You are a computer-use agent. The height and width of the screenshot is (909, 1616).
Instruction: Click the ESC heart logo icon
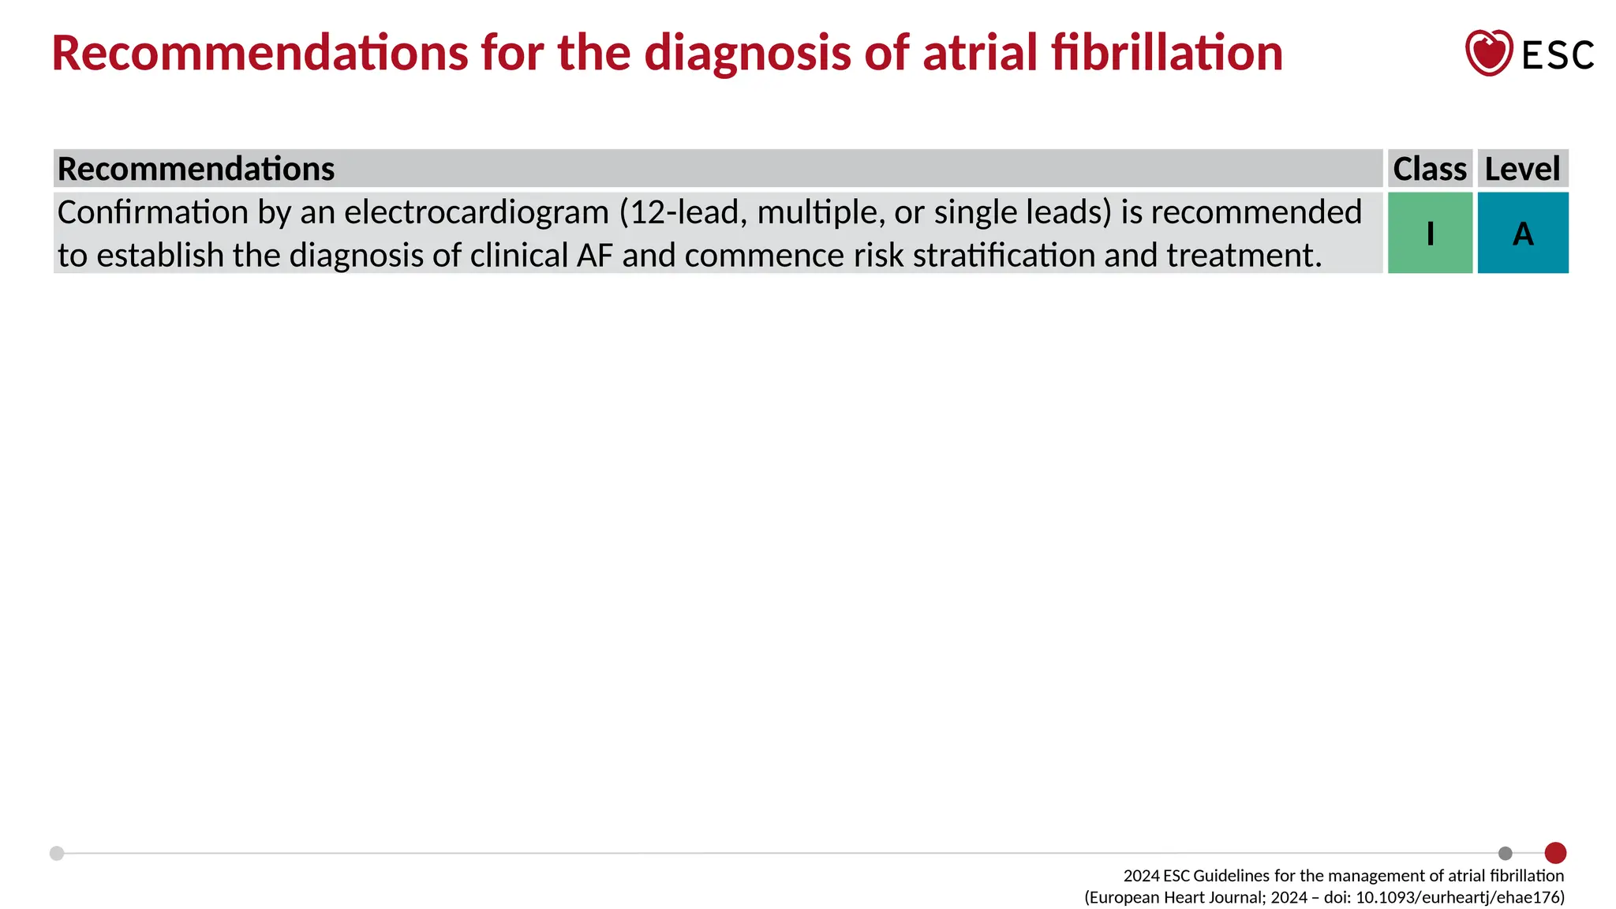coord(1488,53)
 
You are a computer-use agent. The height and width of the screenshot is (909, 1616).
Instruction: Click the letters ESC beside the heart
coord(1558,55)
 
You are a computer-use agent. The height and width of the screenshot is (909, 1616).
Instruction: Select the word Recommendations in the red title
coord(260,53)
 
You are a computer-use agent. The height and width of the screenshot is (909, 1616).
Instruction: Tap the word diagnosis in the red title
coord(748,53)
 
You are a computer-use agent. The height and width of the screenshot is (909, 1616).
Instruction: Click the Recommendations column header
coord(196,169)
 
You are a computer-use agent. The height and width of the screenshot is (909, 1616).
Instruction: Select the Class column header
coord(1429,169)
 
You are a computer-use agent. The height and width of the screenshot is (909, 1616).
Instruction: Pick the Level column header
coord(1522,169)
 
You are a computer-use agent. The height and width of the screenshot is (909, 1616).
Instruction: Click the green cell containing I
coord(1430,234)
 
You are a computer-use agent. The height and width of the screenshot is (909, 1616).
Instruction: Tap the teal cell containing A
coord(1522,234)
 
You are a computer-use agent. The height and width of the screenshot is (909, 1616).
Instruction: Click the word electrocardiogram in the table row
coord(476,212)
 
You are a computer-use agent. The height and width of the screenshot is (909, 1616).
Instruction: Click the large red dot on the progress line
coord(1555,853)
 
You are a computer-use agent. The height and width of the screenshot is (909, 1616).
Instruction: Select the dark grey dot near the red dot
coord(1505,853)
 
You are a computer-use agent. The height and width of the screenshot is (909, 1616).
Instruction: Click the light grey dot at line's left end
coord(57,853)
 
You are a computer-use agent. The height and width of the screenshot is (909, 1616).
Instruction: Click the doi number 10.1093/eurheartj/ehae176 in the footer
coord(1460,897)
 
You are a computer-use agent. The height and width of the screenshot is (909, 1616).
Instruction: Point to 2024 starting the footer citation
coord(1141,876)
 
